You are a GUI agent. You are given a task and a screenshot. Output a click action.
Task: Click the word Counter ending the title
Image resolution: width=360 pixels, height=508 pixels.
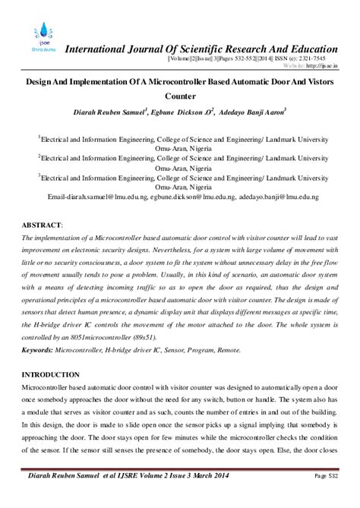tap(180, 96)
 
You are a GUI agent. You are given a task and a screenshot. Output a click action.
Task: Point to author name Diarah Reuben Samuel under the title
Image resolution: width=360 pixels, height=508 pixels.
tap(110, 112)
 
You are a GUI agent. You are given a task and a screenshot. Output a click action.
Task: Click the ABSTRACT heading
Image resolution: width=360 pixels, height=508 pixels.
tap(42, 226)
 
